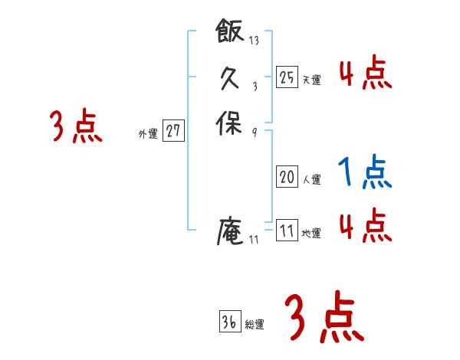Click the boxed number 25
[287, 77]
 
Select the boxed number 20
[287, 178]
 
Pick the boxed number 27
[173, 131]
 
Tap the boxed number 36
[228, 322]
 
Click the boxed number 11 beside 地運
[287, 231]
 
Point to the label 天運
[311, 79]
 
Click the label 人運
[311, 180]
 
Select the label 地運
[311, 233]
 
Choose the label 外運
[148, 133]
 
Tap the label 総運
[255, 325]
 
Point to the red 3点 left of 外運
[76, 126]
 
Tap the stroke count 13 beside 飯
[254, 41]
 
